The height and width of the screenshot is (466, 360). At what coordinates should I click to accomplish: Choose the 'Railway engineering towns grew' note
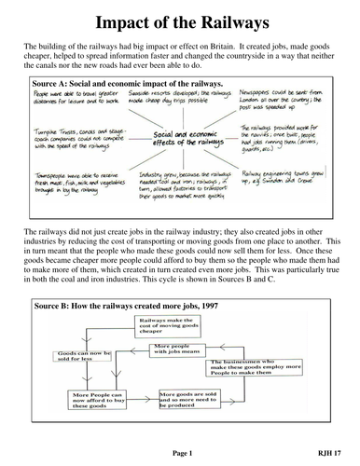click(x=289, y=176)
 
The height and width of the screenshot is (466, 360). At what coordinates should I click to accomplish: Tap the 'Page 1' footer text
click(x=180, y=452)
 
